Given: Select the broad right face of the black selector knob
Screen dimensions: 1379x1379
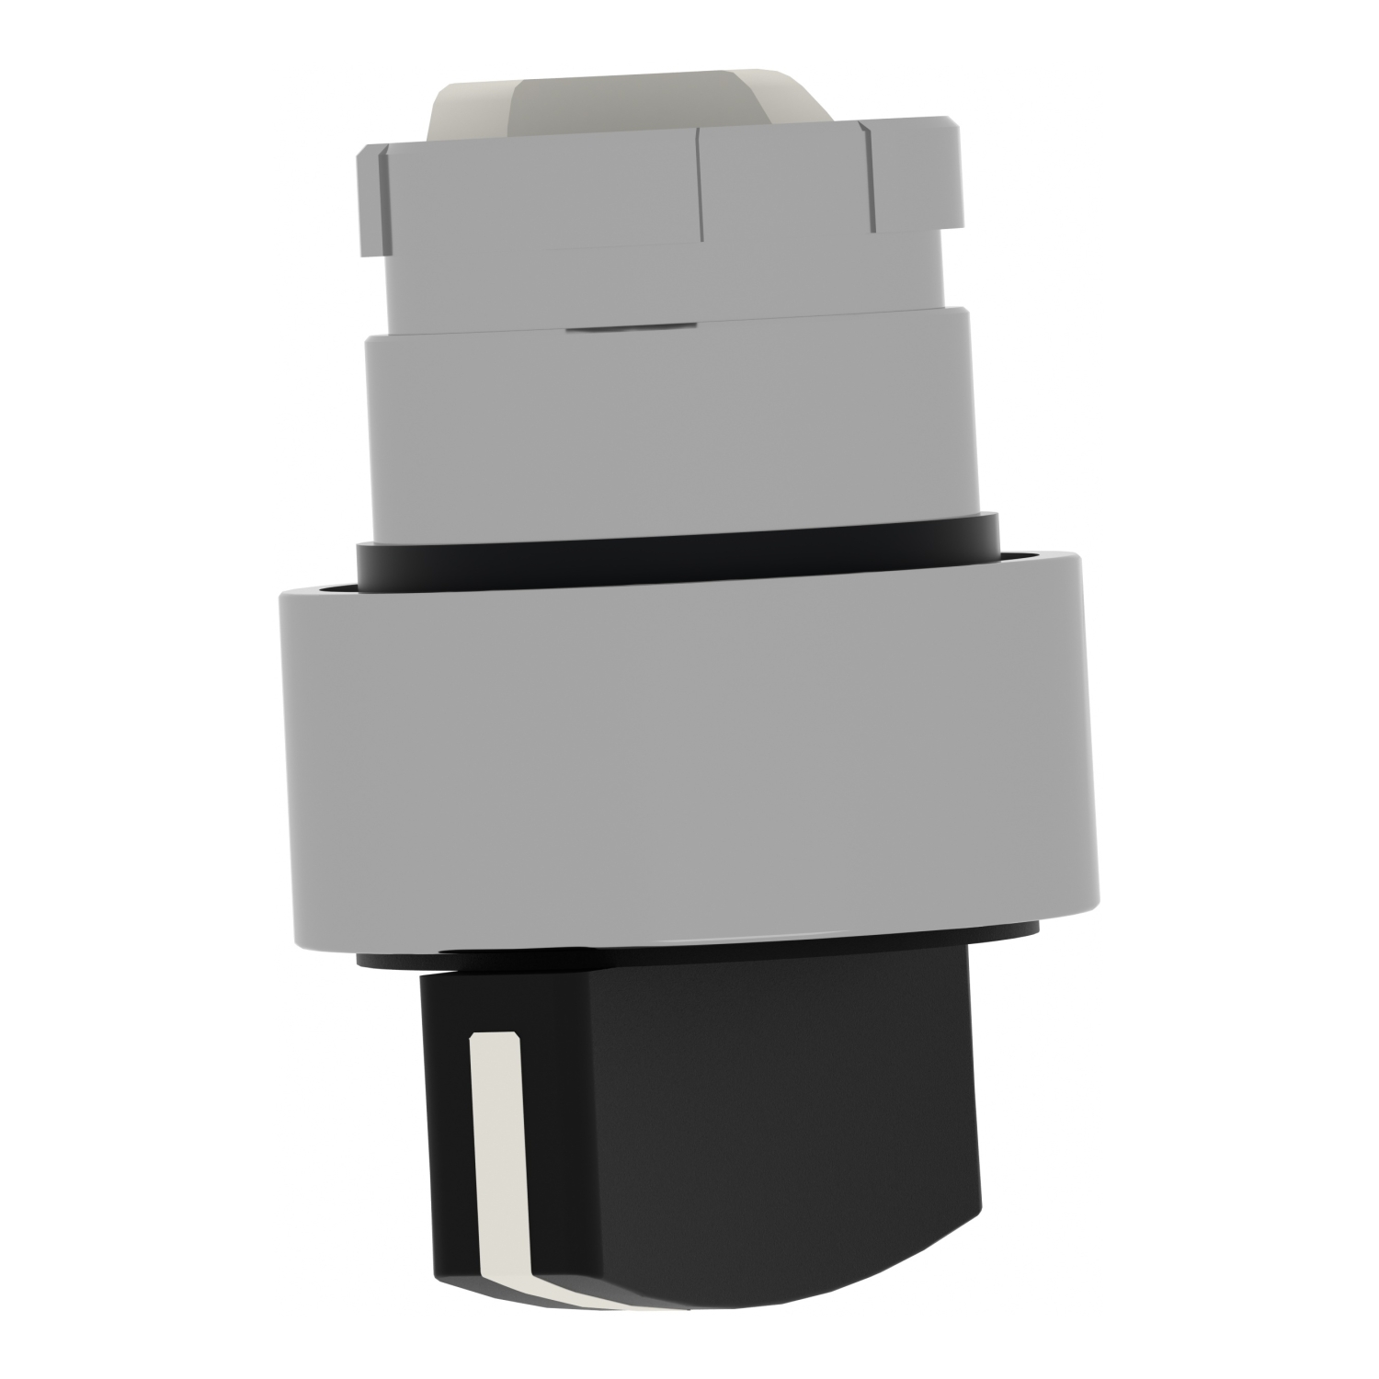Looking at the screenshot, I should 754,1131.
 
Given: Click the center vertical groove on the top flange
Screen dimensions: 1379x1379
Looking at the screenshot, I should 701,184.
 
